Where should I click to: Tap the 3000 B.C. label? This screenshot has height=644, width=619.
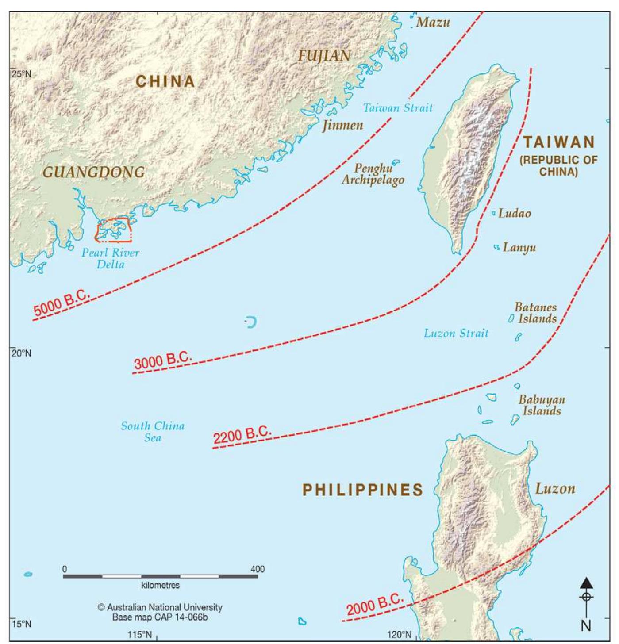pyautogui.click(x=163, y=361)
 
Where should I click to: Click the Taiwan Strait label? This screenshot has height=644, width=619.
pyautogui.click(x=397, y=108)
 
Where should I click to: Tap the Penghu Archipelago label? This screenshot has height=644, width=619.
pyautogui.click(x=373, y=174)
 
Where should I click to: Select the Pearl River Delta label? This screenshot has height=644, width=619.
pyautogui.click(x=110, y=258)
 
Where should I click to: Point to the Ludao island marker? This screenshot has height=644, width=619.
pyautogui.click(x=494, y=214)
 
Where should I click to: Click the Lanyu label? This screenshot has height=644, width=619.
pyautogui.click(x=519, y=247)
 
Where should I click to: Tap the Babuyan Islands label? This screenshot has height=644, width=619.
pyautogui.click(x=542, y=405)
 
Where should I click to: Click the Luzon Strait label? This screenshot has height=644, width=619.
pyautogui.click(x=456, y=333)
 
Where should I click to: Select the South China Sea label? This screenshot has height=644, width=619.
pyautogui.click(x=153, y=432)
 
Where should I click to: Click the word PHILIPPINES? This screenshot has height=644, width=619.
pyautogui.click(x=363, y=490)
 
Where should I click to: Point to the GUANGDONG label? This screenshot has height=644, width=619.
pyautogui.click(x=93, y=172)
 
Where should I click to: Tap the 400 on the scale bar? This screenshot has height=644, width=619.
pyautogui.click(x=258, y=569)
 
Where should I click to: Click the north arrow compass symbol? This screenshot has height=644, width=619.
pyautogui.click(x=586, y=597)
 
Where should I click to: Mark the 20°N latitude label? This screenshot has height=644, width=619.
pyautogui.click(x=21, y=353)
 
